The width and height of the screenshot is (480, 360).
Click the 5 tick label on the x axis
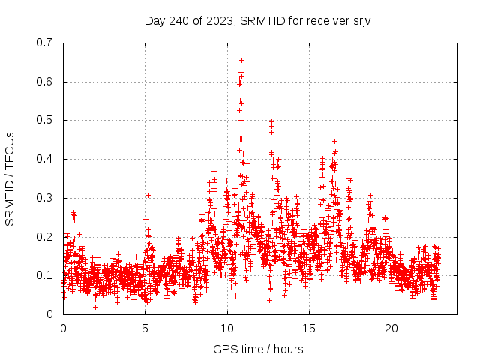[145, 328]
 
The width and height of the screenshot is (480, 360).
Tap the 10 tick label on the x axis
[227, 328]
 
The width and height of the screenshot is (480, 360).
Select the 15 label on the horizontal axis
[310, 328]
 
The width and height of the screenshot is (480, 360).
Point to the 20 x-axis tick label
[391, 328]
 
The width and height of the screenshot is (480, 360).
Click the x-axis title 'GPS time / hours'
[258, 349]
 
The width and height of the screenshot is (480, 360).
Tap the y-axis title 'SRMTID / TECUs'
[10, 178]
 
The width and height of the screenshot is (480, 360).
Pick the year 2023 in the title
[217, 20]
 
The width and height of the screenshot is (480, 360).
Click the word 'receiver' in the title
[326, 20]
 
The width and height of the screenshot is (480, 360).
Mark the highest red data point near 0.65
[241, 60]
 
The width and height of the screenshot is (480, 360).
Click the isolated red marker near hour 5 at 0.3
[148, 195]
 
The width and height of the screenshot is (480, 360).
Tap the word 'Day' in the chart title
[154, 20]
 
